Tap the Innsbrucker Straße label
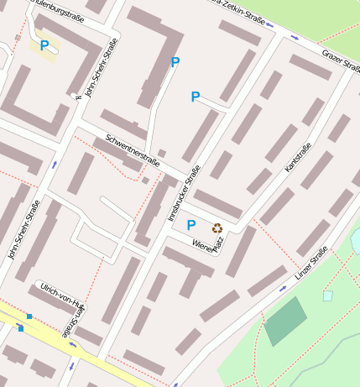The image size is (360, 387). point(185,191)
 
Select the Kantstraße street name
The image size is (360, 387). point(298,158)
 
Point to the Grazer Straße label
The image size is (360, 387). point(341,60)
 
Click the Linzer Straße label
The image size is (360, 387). point(310,264)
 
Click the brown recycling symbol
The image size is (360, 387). point(217,227)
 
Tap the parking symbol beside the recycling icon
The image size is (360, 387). point(191,225)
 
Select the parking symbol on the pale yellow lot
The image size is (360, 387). point(44,45)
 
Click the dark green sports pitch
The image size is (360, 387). point(286,321)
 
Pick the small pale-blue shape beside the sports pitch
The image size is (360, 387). point(327,295)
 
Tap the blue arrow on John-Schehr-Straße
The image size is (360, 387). point(54,165)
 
